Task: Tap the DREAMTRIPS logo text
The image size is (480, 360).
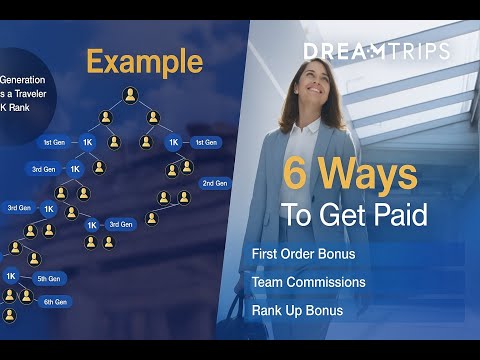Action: tap(376, 50)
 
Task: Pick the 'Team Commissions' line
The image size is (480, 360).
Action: tap(309, 282)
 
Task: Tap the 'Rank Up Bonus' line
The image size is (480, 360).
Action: tap(299, 310)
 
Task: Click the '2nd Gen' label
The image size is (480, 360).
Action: tap(215, 183)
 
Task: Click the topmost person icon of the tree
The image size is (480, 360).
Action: tap(130, 95)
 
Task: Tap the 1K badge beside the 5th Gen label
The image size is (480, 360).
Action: tap(11, 276)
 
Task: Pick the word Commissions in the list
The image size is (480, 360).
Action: tap(327, 282)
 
